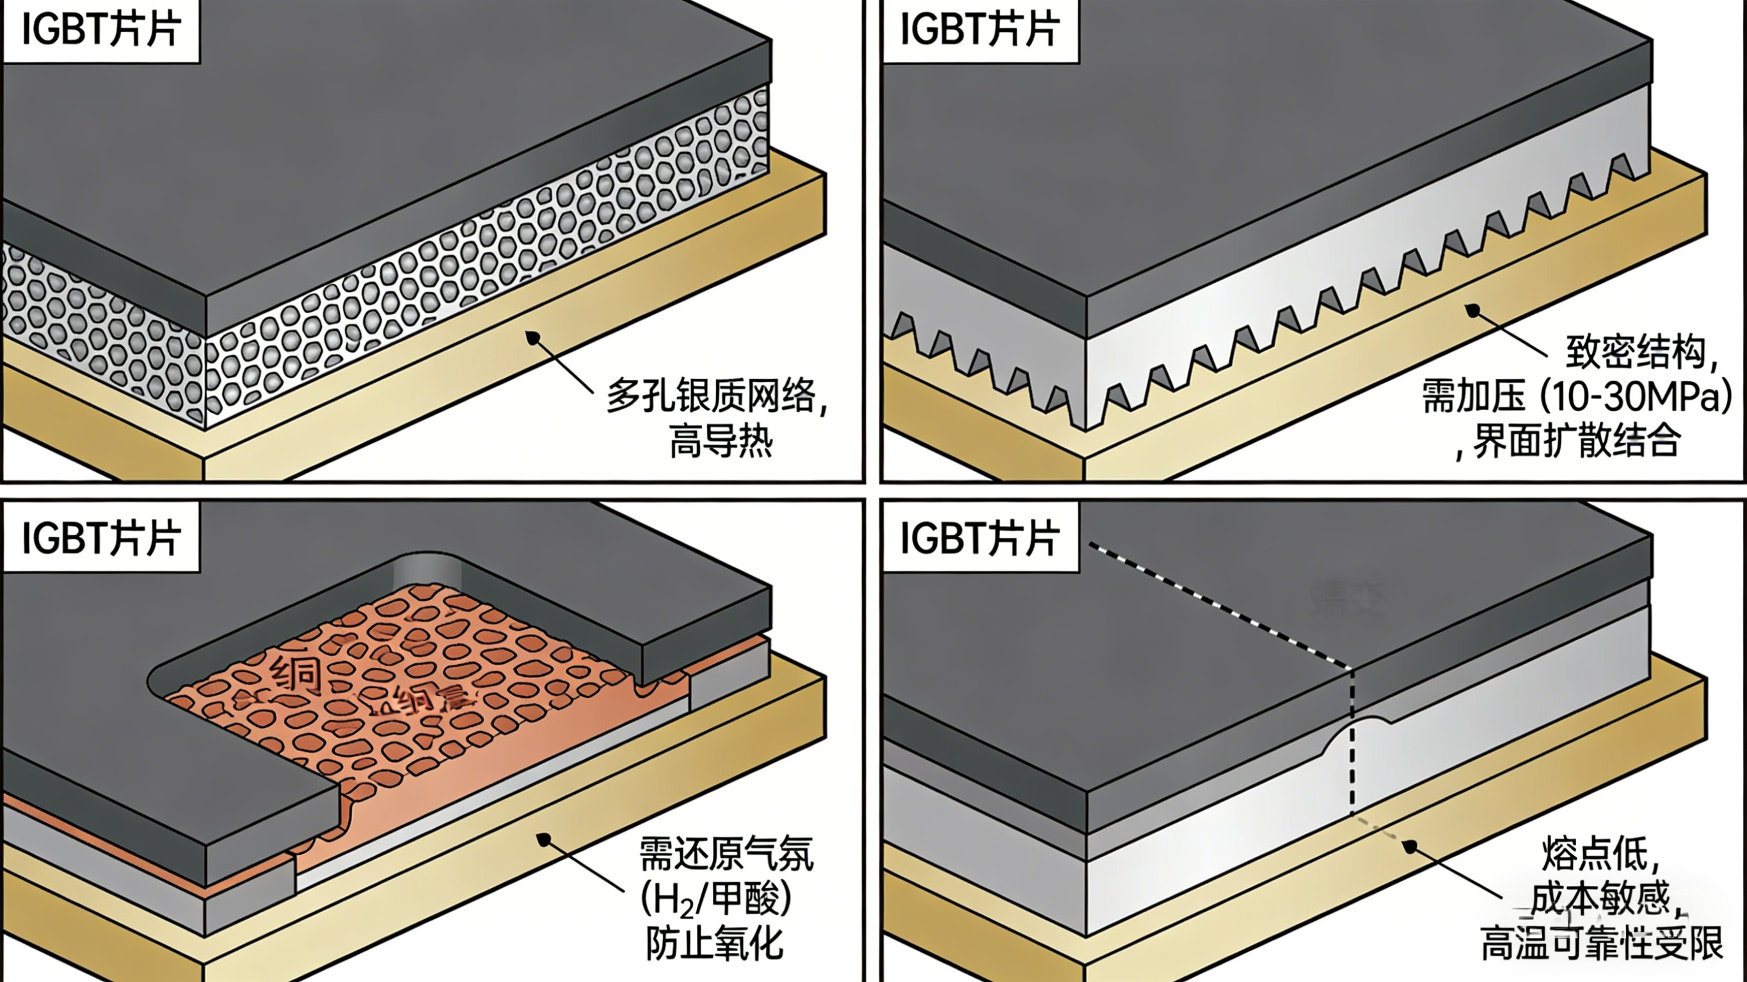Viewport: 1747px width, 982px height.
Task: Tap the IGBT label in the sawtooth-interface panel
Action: pos(979,30)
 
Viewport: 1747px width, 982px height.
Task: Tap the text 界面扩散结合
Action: pos(1576,440)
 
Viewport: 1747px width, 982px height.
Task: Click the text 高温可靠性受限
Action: pos(1601,944)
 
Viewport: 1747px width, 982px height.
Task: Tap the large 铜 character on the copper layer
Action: pos(296,674)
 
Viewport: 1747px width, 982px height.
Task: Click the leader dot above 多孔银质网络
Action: pos(533,337)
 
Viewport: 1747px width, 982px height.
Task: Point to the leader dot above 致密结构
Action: pos(1472,311)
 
